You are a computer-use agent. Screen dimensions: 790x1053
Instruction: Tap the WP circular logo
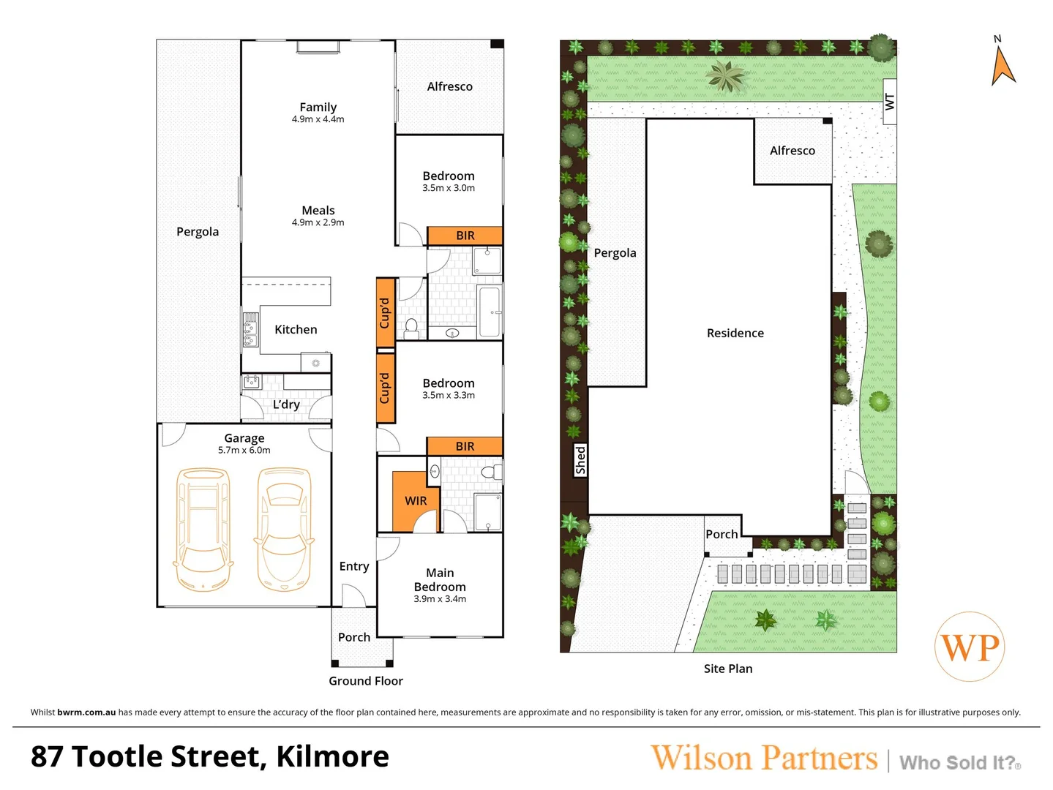[x=970, y=647]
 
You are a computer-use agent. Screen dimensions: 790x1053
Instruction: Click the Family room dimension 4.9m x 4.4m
[x=318, y=119]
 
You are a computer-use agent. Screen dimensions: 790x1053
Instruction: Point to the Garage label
[x=244, y=438]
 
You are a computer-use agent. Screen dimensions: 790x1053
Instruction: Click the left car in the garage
[x=203, y=529]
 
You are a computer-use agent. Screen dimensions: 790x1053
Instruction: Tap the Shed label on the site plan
[x=580, y=460]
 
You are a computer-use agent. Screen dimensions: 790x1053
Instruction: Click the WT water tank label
[x=889, y=102]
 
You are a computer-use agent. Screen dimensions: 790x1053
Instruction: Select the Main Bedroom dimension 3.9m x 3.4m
[x=440, y=599]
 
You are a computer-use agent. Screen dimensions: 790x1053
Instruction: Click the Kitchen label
[x=296, y=330]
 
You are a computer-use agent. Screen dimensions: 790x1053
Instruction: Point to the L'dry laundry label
[x=286, y=405]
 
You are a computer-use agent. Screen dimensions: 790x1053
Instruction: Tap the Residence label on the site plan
[x=735, y=334]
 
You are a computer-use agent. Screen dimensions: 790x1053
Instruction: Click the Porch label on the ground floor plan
[x=354, y=638]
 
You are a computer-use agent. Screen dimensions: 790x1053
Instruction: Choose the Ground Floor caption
[x=366, y=681]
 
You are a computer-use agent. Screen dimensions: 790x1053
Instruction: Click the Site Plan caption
[x=727, y=669]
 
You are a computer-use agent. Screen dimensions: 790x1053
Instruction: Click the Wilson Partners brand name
[x=764, y=758]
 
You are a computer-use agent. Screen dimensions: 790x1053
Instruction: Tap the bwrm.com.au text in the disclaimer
[x=86, y=712]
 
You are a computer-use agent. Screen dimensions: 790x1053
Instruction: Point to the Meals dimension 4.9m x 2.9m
[x=318, y=222]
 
